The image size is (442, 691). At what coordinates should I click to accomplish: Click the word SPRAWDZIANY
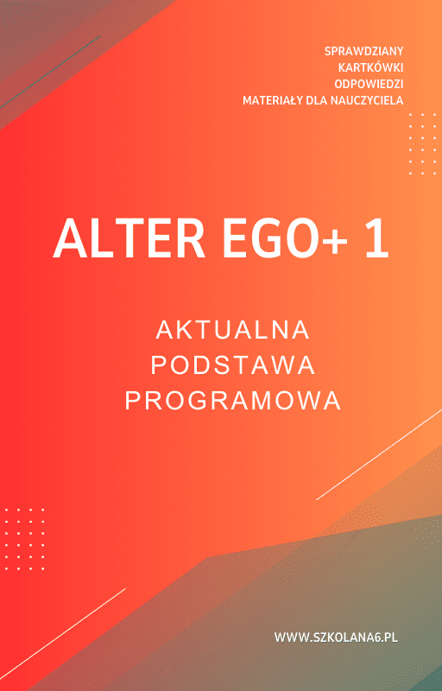(363, 51)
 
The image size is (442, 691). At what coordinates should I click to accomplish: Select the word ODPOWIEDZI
(369, 84)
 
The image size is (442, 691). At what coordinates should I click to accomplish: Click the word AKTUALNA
(233, 330)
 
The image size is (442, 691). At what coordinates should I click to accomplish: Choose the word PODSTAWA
(233, 365)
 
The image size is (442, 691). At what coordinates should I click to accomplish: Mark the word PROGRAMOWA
(233, 401)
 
